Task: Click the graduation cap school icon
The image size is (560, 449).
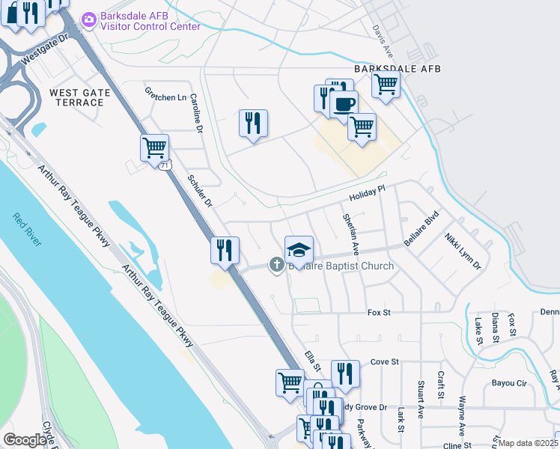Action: click(299, 249)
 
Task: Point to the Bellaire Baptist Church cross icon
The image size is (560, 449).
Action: click(276, 264)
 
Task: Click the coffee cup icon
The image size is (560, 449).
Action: click(344, 105)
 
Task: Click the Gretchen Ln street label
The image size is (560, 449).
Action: click(165, 97)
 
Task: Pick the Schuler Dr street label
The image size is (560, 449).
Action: click(200, 192)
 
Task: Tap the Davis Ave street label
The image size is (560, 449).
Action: click(383, 41)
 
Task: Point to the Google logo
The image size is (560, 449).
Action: click(25, 440)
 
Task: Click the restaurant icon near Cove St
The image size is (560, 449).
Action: click(345, 373)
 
